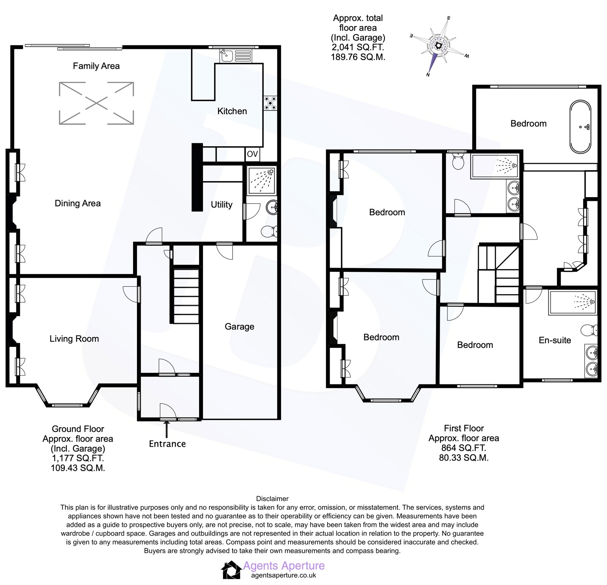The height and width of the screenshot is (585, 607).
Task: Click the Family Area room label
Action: (x=96, y=66)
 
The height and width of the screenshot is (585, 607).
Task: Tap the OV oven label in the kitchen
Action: (x=252, y=154)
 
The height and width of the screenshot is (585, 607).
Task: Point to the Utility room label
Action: (x=222, y=205)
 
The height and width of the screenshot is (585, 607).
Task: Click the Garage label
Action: (x=239, y=326)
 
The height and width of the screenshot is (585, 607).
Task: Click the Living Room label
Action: (x=74, y=339)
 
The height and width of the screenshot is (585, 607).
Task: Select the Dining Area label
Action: (x=77, y=203)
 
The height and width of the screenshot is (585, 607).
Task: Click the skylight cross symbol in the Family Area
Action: (x=96, y=103)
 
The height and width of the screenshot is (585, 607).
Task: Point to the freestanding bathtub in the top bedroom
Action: (x=580, y=127)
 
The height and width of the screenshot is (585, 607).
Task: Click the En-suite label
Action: (x=555, y=340)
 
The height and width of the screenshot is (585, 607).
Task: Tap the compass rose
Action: (x=439, y=46)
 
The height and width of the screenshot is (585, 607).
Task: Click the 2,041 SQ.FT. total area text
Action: (x=358, y=47)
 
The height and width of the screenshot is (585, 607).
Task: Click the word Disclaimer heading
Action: (x=272, y=499)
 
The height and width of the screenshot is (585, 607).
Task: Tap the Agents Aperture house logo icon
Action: (x=231, y=570)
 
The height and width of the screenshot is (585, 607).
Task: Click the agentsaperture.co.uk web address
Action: (x=283, y=575)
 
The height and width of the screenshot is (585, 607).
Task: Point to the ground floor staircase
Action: (x=186, y=296)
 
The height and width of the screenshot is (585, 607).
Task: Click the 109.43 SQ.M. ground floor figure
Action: (x=78, y=468)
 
